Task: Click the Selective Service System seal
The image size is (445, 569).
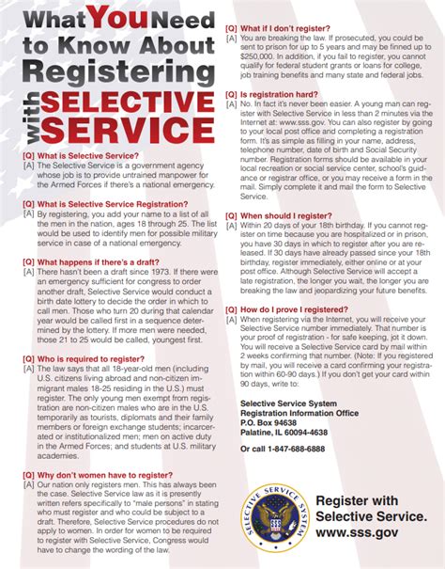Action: coord(271,521)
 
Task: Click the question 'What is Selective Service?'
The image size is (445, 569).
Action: coord(89,154)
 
